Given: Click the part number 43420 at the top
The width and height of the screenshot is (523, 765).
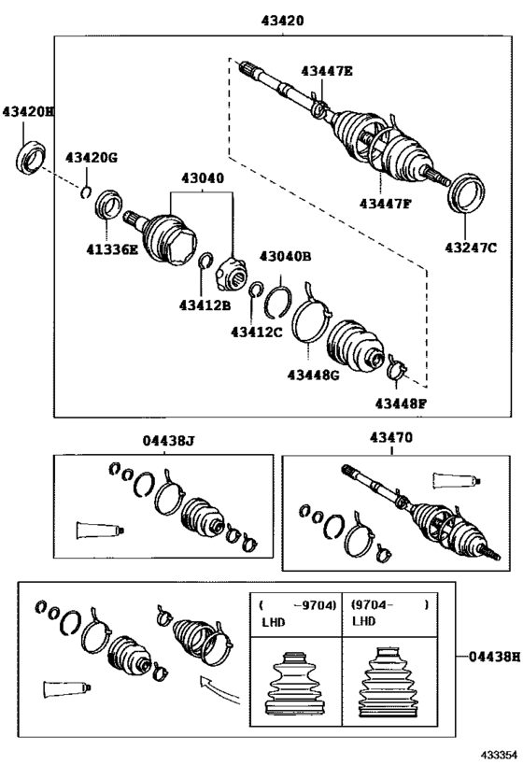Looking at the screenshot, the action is [x=282, y=21].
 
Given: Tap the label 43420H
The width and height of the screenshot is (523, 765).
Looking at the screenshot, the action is [x=28, y=112].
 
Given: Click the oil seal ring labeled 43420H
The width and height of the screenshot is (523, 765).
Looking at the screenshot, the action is [x=31, y=156].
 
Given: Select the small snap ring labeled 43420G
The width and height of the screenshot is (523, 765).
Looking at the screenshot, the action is [x=86, y=191].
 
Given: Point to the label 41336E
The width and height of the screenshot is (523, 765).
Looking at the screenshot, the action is [x=112, y=249].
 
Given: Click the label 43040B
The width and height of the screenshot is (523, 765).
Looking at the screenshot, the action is [x=286, y=256].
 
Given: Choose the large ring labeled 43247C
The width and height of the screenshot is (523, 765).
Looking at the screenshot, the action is [x=466, y=192].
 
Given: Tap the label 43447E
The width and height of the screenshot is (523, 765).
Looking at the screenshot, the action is [x=326, y=71].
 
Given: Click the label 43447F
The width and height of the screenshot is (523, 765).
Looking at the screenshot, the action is [x=386, y=204].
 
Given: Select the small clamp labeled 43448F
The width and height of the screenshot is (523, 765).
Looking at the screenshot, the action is [x=397, y=368].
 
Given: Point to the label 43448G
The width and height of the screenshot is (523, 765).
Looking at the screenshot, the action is [x=313, y=375].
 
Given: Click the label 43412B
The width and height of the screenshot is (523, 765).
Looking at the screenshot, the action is [x=205, y=305].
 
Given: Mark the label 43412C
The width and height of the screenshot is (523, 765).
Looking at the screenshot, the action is [x=257, y=333].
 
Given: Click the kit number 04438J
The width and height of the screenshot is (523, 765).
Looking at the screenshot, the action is [x=169, y=441].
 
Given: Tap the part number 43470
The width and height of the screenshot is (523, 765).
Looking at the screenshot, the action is [x=390, y=437].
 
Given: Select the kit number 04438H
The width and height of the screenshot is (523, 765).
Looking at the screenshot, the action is [x=494, y=657].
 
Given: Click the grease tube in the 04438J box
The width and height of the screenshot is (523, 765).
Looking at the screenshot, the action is [x=101, y=531].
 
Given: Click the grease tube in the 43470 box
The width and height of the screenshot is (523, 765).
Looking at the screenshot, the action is [x=457, y=480].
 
